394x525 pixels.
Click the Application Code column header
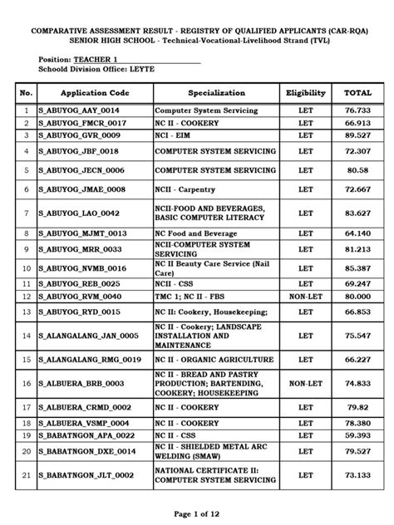(93, 93)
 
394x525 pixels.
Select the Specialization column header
(216, 93)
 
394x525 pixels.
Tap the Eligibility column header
(305, 93)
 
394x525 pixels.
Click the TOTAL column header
(357, 93)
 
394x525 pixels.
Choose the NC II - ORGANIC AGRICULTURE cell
(214, 360)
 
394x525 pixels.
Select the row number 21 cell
(27, 476)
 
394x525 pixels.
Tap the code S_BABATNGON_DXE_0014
(90, 451)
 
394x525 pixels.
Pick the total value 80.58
(357, 170)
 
